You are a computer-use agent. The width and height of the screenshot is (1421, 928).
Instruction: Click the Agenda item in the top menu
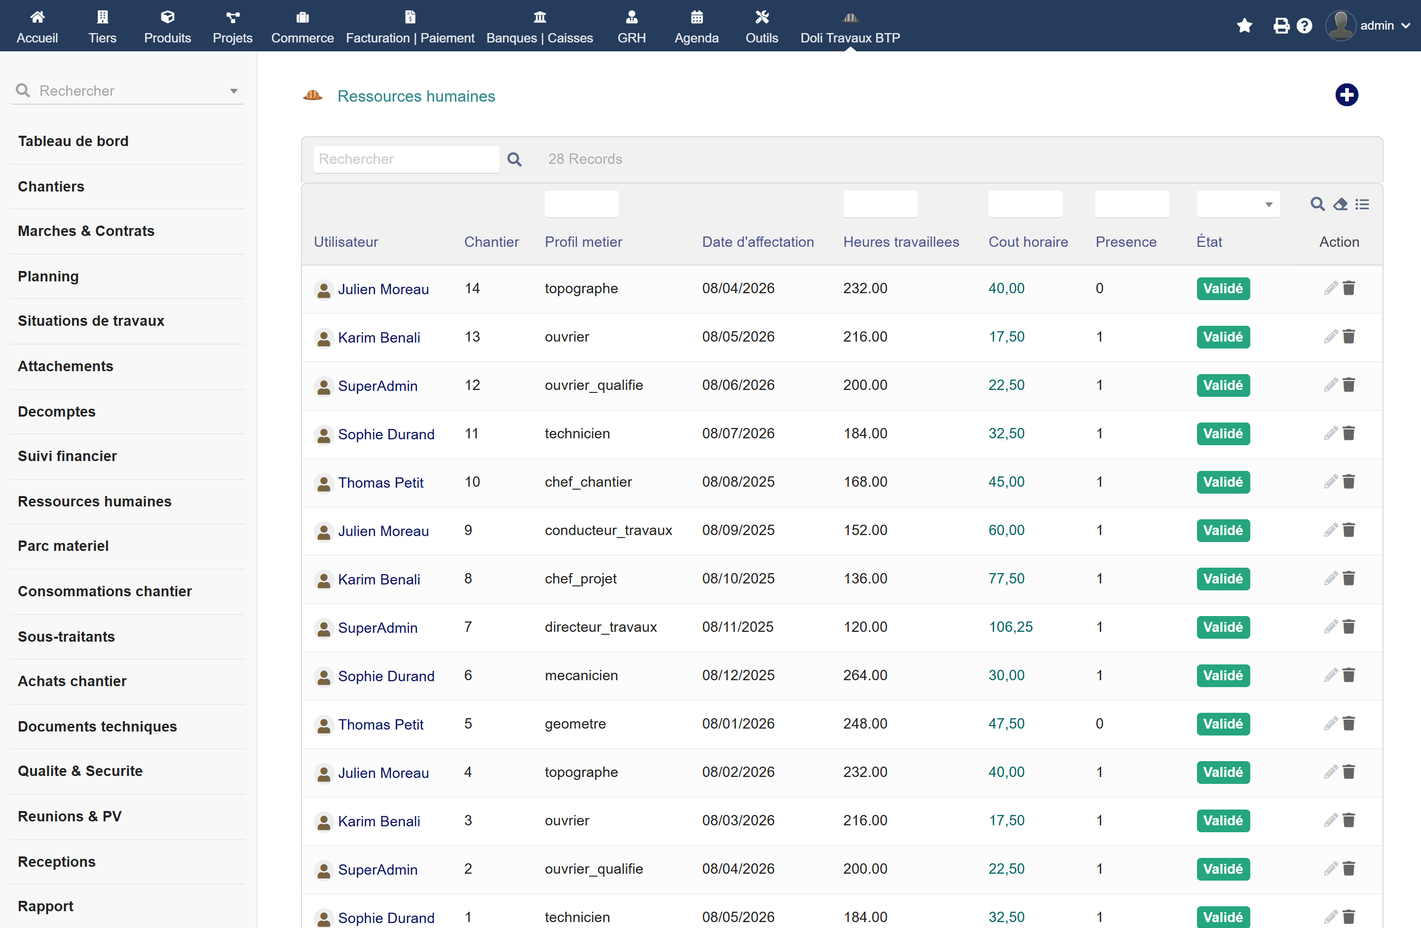tap(696, 27)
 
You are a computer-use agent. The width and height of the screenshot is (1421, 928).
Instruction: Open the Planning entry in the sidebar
tap(48, 276)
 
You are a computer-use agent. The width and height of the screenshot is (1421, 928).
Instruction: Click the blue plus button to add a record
tap(1346, 95)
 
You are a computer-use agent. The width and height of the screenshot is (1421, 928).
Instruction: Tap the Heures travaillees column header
tap(901, 242)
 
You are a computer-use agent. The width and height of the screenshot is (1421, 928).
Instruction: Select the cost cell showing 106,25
tap(1010, 626)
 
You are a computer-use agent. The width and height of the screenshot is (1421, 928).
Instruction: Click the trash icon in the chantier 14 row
tap(1349, 288)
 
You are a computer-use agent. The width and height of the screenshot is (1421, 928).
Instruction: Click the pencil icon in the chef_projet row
tap(1330, 579)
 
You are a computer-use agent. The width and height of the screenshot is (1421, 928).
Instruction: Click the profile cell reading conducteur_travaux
tap(608, 530)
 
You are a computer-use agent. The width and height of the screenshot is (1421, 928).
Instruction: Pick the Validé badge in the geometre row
tap(1223, 724)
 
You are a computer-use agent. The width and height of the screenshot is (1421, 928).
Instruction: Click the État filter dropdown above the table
tap(1238, 204)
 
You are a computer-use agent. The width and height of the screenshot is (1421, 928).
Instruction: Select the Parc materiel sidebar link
tap(63, 546)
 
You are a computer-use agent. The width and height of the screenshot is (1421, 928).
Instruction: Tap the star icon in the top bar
tap(1244, 26)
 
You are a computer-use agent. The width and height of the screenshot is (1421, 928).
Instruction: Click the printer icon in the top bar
tap(1281, 26)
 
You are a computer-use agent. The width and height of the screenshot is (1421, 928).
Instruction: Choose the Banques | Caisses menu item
tap(540, 27)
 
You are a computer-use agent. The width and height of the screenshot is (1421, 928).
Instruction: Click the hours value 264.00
tap(865, 675)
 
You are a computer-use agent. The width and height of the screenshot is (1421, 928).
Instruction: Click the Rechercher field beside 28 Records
tap(406, 159)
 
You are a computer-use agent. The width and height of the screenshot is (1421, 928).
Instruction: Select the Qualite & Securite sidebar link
tap(80, 771)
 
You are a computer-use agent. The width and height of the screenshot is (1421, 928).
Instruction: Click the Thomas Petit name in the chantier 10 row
tap(380, 483)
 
